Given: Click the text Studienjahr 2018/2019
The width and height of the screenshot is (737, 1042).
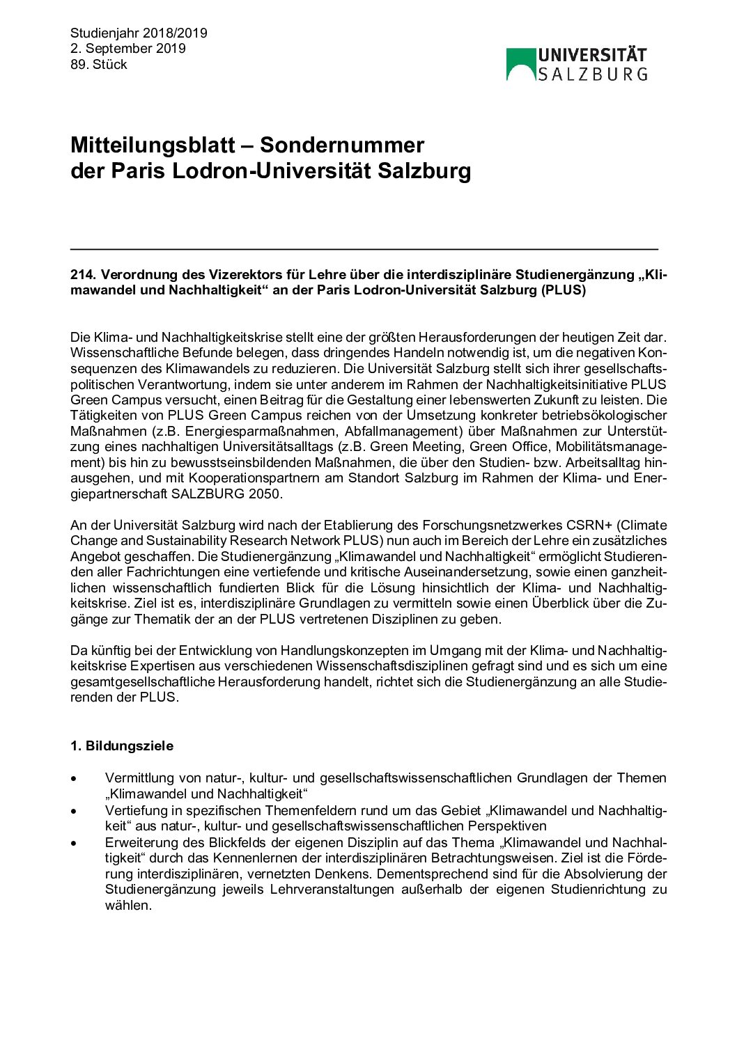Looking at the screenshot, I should coord(139,33).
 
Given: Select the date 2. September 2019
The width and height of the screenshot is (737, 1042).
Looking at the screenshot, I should coord(128,49).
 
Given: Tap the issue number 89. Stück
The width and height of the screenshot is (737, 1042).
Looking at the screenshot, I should coord(99,65).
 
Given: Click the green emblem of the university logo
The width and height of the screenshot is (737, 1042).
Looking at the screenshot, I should coord(520,64).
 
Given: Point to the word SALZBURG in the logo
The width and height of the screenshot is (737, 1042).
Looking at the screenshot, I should coord(593,74).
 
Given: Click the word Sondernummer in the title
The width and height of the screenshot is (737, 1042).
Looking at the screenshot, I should coord(342,145).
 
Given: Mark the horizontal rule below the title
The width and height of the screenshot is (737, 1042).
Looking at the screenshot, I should coord(364,248).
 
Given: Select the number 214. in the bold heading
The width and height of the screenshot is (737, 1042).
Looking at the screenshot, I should coord(82,275).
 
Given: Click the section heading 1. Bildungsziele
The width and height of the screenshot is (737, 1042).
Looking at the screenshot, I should coord(122,746).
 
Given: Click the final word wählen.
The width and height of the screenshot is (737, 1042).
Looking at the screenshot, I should coord(128,906).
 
